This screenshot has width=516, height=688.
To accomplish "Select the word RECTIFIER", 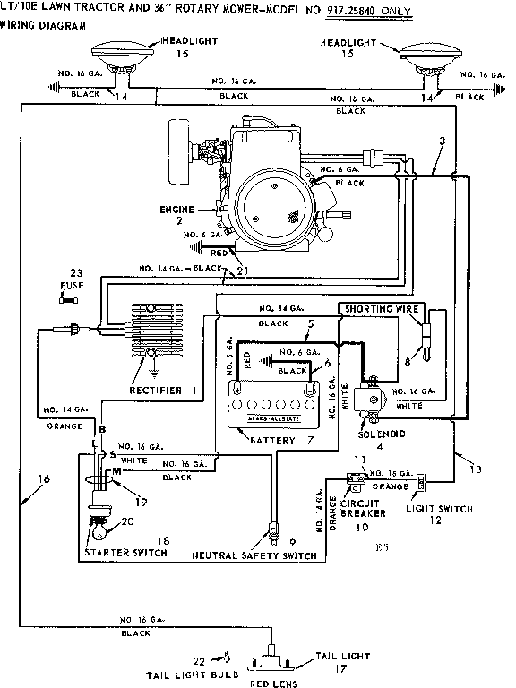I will click(x=155, y=390).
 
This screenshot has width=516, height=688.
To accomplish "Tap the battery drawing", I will click(x=274, y=401).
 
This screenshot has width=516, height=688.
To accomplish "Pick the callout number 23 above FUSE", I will click(x=76, y=272).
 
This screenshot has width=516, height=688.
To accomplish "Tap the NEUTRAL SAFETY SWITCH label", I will click(x=254, y=555).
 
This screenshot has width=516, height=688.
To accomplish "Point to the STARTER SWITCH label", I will click(x=125, y=553).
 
